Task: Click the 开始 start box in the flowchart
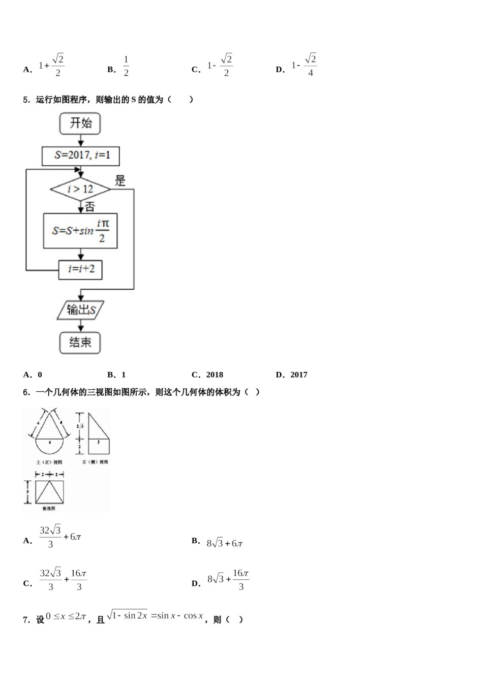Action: click(80, 123)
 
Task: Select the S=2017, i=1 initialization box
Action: click(80, 156)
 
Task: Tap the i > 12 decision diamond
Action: click(80, 190)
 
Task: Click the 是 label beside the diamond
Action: click(120, 180)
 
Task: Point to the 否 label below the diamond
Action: click(89, 206)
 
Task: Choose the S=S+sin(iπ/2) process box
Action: click(80, 231)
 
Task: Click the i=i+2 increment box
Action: click(80, 269)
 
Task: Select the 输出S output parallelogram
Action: click(80, 310)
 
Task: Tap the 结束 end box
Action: click(80, 343)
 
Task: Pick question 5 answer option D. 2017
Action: click(292, 375)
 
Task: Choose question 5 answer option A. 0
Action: click(34, 375)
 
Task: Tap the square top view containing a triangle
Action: click(49, 491)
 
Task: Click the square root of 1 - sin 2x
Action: click(128, 616)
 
